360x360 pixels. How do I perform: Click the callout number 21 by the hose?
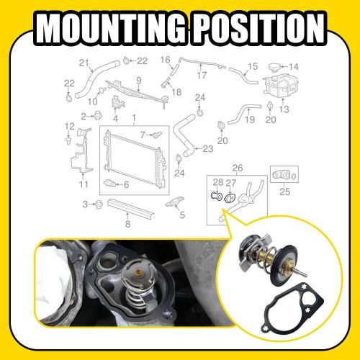(84, 61)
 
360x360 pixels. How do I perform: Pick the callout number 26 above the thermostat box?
(238, 170)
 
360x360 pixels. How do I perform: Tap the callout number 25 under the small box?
(284, 192)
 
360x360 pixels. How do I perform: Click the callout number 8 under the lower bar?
(127, 224)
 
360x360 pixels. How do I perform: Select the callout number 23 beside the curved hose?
(207, 149)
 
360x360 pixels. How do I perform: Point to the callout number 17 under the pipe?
(202, 74)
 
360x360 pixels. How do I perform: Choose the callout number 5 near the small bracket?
(182, 215)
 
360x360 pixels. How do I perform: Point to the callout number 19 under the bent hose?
(250, 120)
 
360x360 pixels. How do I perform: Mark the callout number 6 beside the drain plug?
(126, 184)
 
